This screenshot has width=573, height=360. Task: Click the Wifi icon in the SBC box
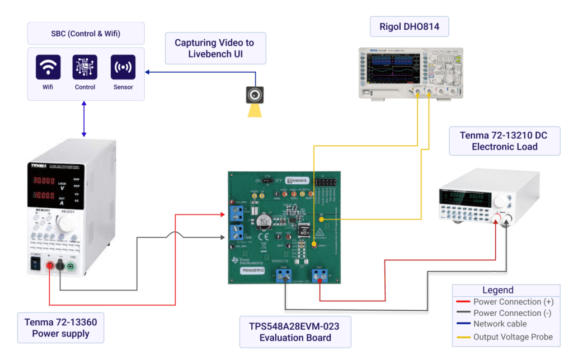point(48,67)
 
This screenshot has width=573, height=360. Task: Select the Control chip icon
point(85,67)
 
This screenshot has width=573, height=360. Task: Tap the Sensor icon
point(123,67)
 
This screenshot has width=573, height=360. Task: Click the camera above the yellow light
point(255,94)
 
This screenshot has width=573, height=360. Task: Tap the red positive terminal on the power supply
point(50,267)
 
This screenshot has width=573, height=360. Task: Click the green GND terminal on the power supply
point(71,267)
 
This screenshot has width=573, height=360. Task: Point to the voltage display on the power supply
point(43,181)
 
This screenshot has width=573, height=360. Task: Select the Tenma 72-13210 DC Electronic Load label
point(504,141)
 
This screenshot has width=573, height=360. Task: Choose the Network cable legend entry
point(500,324)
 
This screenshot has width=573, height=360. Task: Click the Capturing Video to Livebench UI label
point(214,48)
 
